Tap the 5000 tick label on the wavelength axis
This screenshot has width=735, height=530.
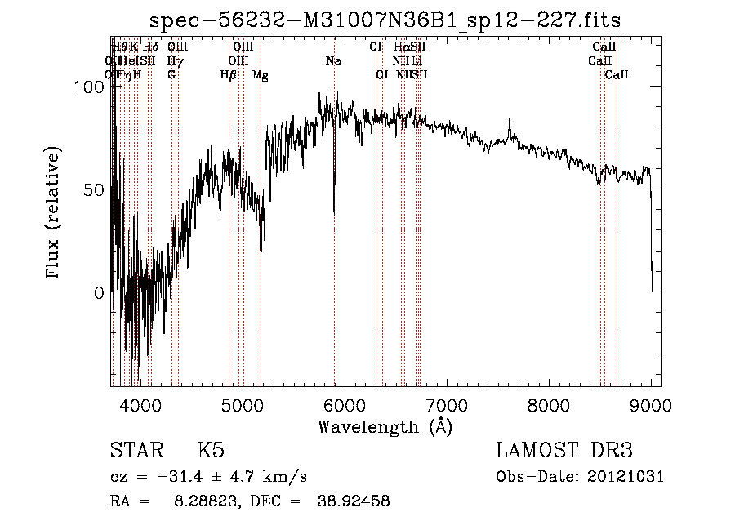242,404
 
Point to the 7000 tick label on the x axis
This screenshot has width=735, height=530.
447,404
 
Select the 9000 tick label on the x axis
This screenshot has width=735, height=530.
651,404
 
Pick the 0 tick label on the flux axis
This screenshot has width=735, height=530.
100,292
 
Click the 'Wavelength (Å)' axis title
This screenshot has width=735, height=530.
385,426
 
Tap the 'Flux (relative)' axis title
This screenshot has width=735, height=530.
55,214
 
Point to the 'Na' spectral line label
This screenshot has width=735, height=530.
333,60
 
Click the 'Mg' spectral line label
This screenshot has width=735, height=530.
260,74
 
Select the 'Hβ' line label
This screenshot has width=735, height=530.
228,74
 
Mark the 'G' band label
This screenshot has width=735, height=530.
171,74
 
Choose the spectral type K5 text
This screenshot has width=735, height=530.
211,451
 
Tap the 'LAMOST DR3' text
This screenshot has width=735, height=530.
564,451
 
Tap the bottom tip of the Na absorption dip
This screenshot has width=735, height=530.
334,214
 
